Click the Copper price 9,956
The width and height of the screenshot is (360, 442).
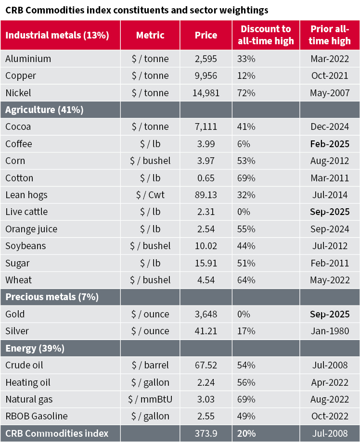[x=206, y=76]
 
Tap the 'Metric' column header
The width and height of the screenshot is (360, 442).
[x=150, y=35]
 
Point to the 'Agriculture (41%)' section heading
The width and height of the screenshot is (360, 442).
[x=44, y=110]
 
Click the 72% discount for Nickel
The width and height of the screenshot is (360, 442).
[x=246, y=93]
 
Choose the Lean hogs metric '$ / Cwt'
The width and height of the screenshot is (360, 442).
[x=150, y=195]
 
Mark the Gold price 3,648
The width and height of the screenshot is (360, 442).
[x=206, y=314]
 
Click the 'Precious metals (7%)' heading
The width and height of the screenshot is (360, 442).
[x=52, y=297]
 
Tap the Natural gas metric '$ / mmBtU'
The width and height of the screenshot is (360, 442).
[x=150, y=399]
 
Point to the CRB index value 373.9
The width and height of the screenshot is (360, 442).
[x=206, y=433]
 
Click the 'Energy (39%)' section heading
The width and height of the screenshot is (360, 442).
[x=35, y=348]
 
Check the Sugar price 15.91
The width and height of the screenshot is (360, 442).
[x=206, y=263]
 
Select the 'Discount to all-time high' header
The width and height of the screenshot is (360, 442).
[x=266, y=35]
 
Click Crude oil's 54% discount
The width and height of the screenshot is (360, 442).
[x=246, y=365]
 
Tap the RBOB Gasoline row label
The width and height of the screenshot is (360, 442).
[x=37, y=416]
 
